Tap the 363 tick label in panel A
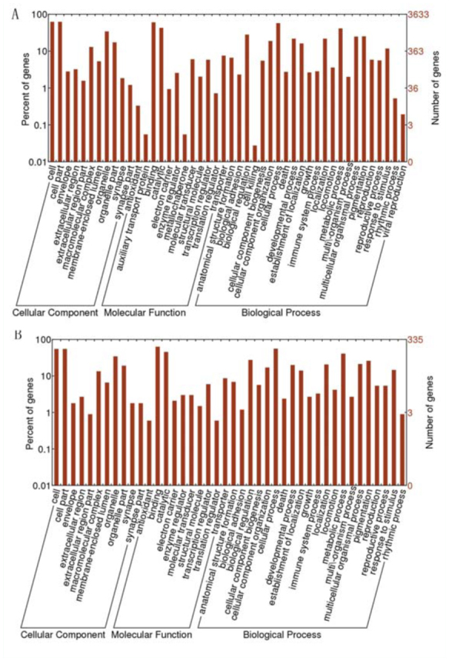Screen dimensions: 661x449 [417, 52]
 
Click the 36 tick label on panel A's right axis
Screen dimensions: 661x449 [415, 88]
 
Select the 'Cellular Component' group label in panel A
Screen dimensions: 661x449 [55, 313]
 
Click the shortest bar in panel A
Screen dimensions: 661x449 [255, 153]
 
